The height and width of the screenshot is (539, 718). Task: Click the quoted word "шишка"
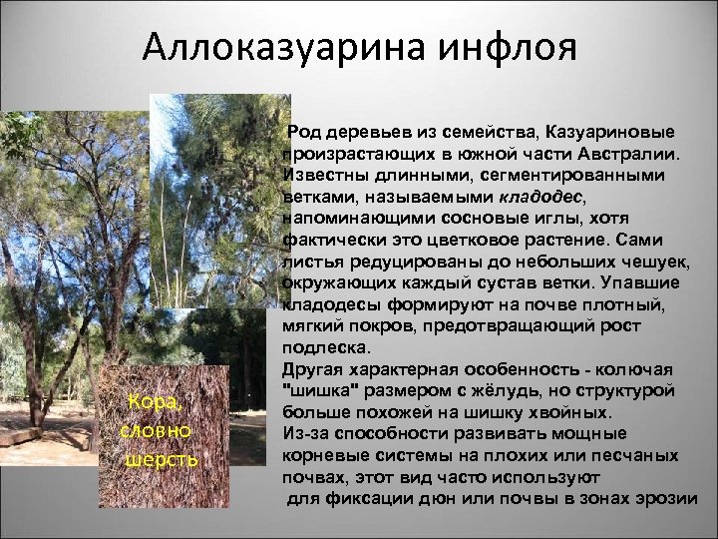point(320,390)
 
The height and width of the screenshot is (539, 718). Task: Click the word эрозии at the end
point(676,498)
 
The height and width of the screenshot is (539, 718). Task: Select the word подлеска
point(325,347)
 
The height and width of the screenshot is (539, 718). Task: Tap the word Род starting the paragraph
point(306,134)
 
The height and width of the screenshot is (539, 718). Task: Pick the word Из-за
point(305,433)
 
